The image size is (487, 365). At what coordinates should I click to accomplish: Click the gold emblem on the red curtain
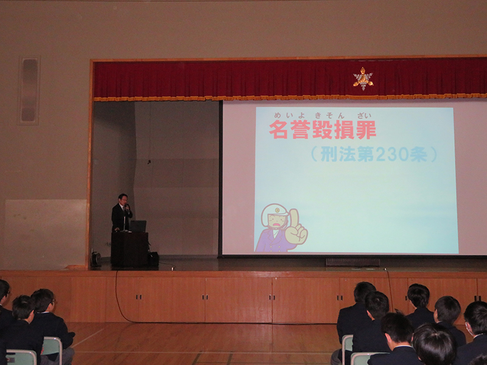(363, 79)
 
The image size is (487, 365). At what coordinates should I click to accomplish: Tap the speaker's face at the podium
(124, 200)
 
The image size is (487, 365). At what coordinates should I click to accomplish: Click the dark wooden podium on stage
(130, 249)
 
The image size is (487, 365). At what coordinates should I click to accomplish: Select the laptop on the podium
(138, 226)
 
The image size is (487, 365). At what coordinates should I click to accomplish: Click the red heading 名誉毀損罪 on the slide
(323, 130)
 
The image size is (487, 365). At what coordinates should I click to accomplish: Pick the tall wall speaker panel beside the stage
(29, 90)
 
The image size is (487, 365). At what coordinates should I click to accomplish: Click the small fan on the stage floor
(96, 259)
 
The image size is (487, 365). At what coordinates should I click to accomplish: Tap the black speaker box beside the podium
(153, 259)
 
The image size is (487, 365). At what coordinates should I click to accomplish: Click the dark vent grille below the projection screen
(353, 262)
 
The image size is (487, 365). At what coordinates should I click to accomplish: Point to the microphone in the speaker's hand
(127, 207)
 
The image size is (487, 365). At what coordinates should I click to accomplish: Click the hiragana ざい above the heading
(364, 116)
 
